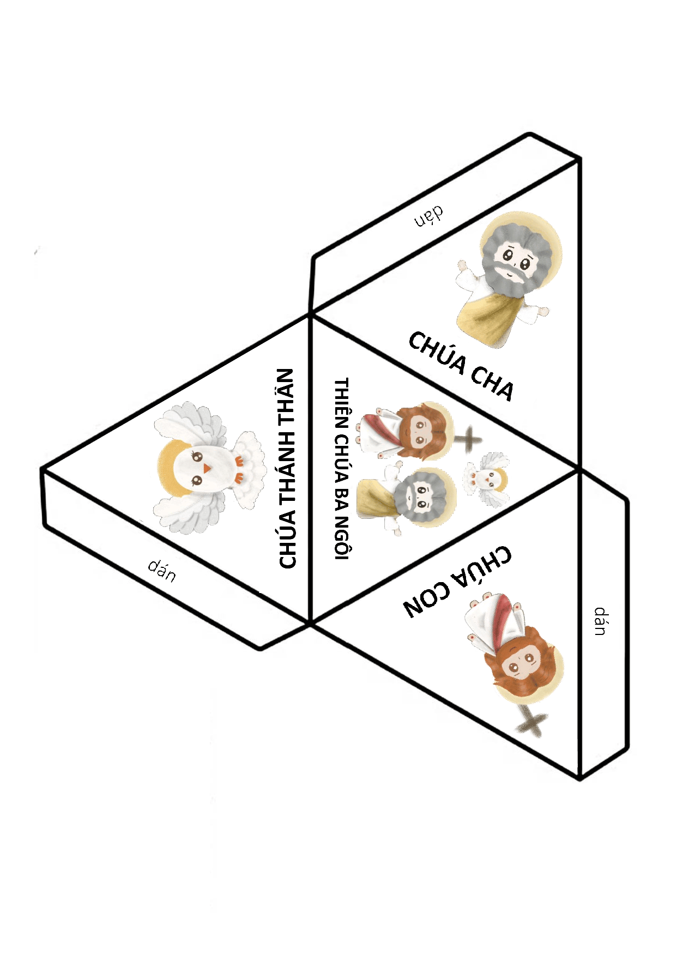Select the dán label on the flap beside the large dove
coord(162,570)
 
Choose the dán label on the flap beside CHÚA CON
coord(600,621)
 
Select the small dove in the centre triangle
coord(487,478)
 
